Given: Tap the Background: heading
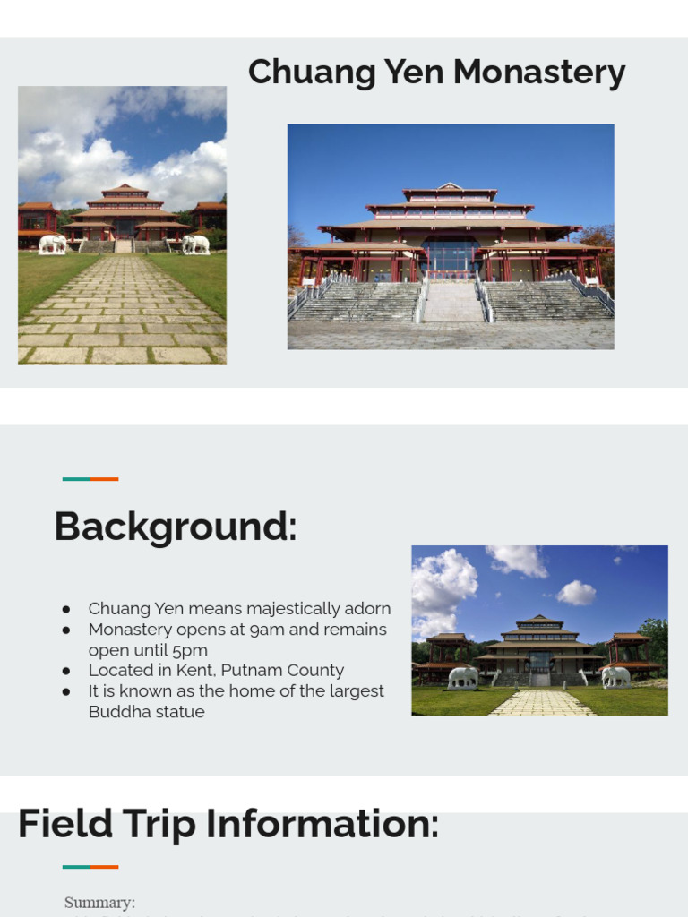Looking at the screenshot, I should pyautogui.click(x=175, y=527).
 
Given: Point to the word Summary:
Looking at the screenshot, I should pyautogui.click(x=99, y=903).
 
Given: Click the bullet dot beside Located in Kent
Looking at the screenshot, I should pyautogui.click(x=66, y=671).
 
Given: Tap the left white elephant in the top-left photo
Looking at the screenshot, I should pyautogui.click(x=51, y=244).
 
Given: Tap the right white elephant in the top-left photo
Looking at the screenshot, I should pyautogui.click(x=194, y=244).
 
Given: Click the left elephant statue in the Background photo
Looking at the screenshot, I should pyautogui.click(x=463, y=677).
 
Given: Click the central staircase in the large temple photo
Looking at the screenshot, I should pyautogui.click(x=451, y=302).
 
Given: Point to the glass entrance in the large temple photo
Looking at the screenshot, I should pyautogui.click(x=450, y=256).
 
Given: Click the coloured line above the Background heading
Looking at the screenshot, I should pyautogui.click(x=90, y=479).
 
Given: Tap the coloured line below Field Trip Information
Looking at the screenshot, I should pyautogui.click(x=90, y=867).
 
